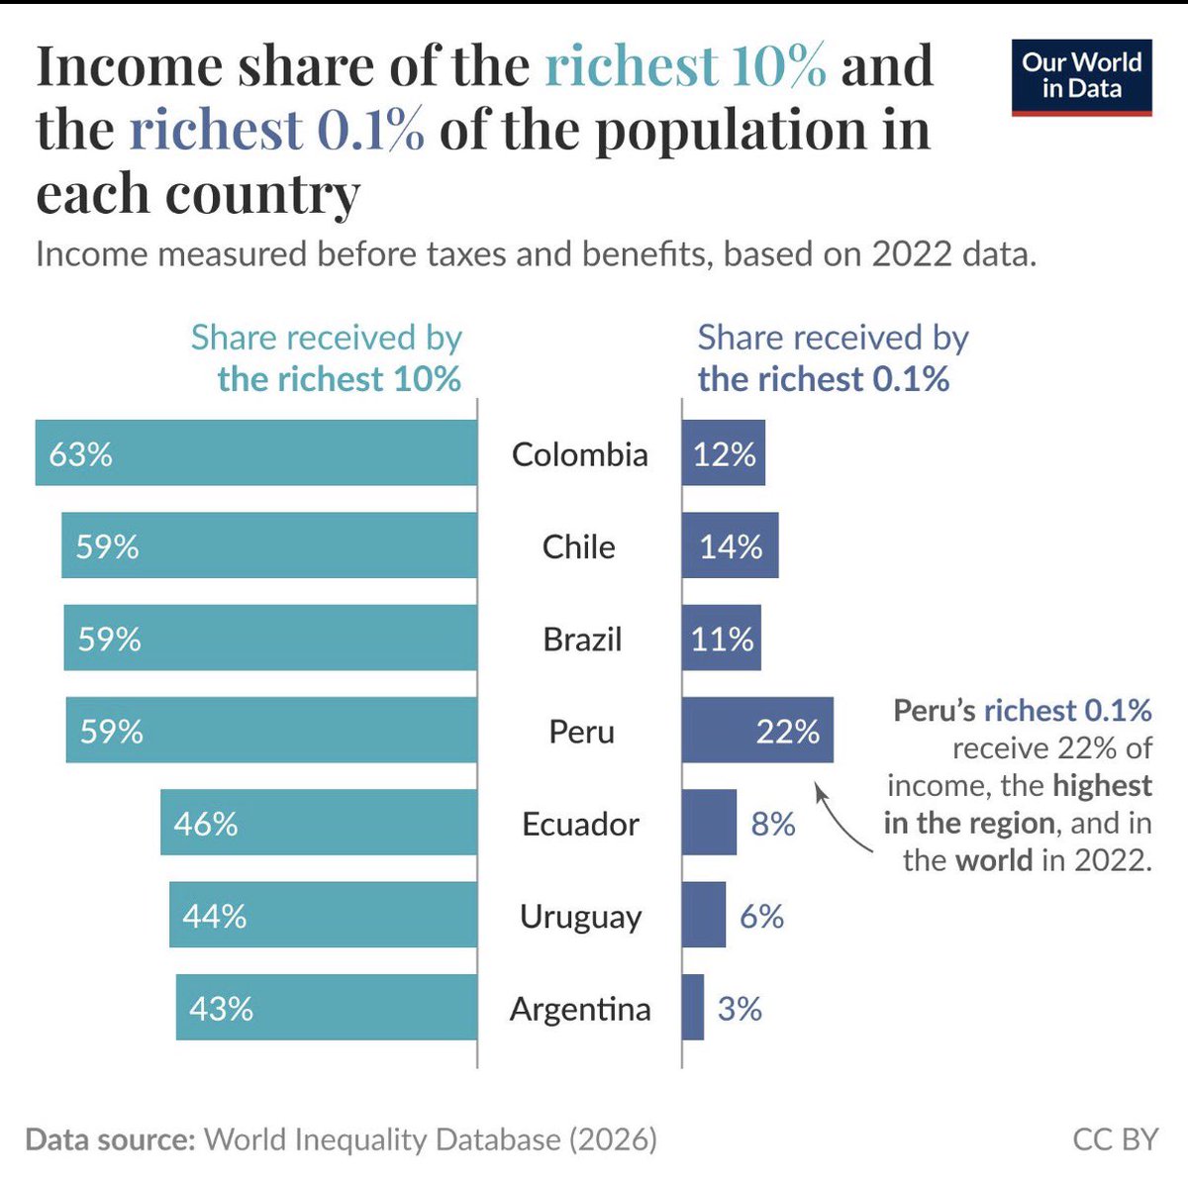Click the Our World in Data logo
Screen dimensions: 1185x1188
1081,77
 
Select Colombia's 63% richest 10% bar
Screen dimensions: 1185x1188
256,453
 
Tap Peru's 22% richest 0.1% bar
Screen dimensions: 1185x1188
757,731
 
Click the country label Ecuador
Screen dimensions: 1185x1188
580,824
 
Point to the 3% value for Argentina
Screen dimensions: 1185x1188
740,1009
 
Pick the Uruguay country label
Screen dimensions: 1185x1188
580,917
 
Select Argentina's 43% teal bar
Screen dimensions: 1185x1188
327,1008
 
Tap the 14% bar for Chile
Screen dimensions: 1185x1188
730,545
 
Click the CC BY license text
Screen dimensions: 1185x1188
1115,1139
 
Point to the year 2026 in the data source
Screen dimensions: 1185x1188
613,1139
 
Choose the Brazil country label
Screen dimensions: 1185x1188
582,640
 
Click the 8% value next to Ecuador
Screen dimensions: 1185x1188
773,824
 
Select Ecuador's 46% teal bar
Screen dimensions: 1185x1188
319,823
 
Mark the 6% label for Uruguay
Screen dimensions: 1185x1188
761,917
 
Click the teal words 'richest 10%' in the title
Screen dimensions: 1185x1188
685,66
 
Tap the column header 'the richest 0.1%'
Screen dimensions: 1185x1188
823,379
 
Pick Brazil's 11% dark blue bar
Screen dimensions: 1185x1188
721,639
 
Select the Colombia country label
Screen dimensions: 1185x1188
580,454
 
